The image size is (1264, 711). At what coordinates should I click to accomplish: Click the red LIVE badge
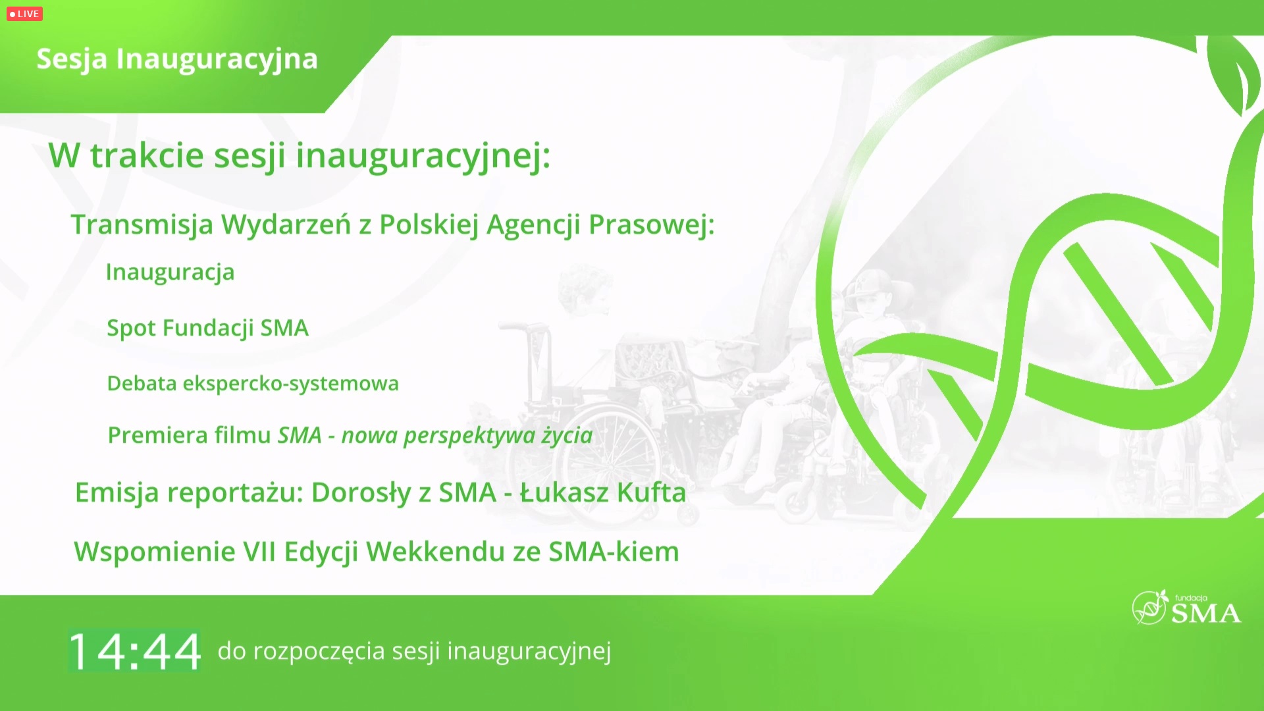tap(24, 14)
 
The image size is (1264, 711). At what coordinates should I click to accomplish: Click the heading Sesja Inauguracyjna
tap(177, 59)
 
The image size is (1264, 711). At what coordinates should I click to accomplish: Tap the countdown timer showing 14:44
tap(135, 651)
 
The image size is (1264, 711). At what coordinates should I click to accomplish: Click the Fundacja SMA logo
tap(1186, 607)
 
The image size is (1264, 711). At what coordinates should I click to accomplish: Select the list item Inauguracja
tap(170, 273)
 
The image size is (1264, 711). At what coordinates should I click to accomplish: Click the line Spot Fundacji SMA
tap(207, 328)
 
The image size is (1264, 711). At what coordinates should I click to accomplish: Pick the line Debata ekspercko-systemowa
tap(253, 383)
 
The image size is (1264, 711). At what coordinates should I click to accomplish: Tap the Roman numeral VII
tap(259, 552)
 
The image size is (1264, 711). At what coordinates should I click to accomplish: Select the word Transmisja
tap(142, 225)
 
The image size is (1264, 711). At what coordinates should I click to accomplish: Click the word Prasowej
tap(651, 225)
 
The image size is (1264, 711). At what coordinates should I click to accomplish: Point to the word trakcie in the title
tap(147, 156)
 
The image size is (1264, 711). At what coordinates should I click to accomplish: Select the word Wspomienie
tap(154, 552)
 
